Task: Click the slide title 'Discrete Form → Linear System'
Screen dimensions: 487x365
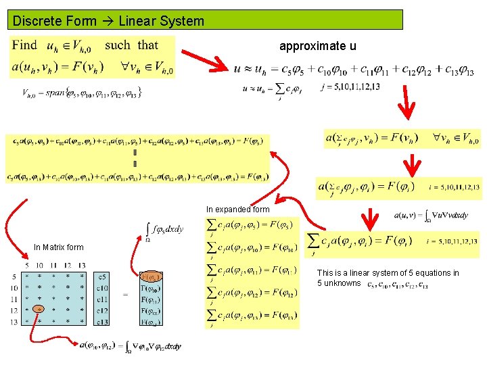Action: pyautogui.click(x=108, y=21)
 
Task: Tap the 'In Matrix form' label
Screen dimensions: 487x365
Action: pyautogui.click(x=59, y=247)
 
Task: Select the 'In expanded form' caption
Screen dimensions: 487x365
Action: pyautogui.click(x=237, y=210)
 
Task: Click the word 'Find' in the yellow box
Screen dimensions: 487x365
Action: pyautogui.click(x=25, y=46)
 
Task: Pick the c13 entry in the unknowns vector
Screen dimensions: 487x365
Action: pyautogui.click(x=103, y=322)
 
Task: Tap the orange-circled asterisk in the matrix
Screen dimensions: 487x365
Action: pyautogui.click(x=39, y=310)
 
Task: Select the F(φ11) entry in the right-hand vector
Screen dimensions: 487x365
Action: pyautogui.click(x=150, y=299)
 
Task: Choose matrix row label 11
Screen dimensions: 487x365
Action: pyautogui.click(x=14, y=299)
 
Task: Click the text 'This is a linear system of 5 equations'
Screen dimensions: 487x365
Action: pyautogui.click(x=388, y=273)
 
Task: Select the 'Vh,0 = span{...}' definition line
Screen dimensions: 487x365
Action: pyautogui.click(x=82, y=92)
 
